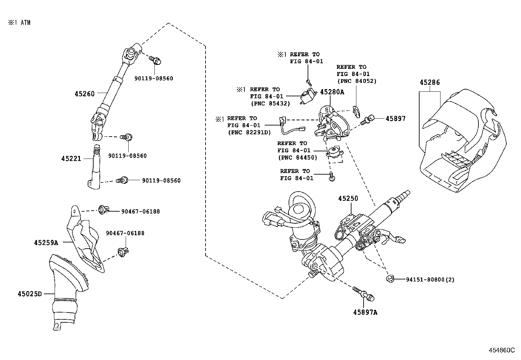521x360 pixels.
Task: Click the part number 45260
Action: tap(84, 94)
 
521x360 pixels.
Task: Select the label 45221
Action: tap(71, 159)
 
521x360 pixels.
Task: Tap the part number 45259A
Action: tap(46, 243)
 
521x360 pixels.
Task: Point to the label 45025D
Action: tap(30, 294)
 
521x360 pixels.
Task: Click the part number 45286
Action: tap(430, 83)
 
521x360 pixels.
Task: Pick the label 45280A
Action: tap(332, 92)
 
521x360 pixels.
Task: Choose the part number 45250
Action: tap(348, 199)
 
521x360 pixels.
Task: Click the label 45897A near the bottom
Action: tap(365, 313)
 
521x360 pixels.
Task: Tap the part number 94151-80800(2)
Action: tap(430, 279)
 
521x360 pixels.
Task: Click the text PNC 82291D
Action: tap(249, 132)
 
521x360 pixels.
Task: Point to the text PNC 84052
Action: tap(357, 81)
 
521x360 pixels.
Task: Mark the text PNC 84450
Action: tap(297, 158)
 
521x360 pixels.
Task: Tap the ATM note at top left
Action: tap(20, 23)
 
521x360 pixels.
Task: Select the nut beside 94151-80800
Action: tap(389, 279)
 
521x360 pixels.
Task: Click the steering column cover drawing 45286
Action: tap(465, 141)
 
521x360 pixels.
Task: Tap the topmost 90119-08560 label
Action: tap(153, 79)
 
